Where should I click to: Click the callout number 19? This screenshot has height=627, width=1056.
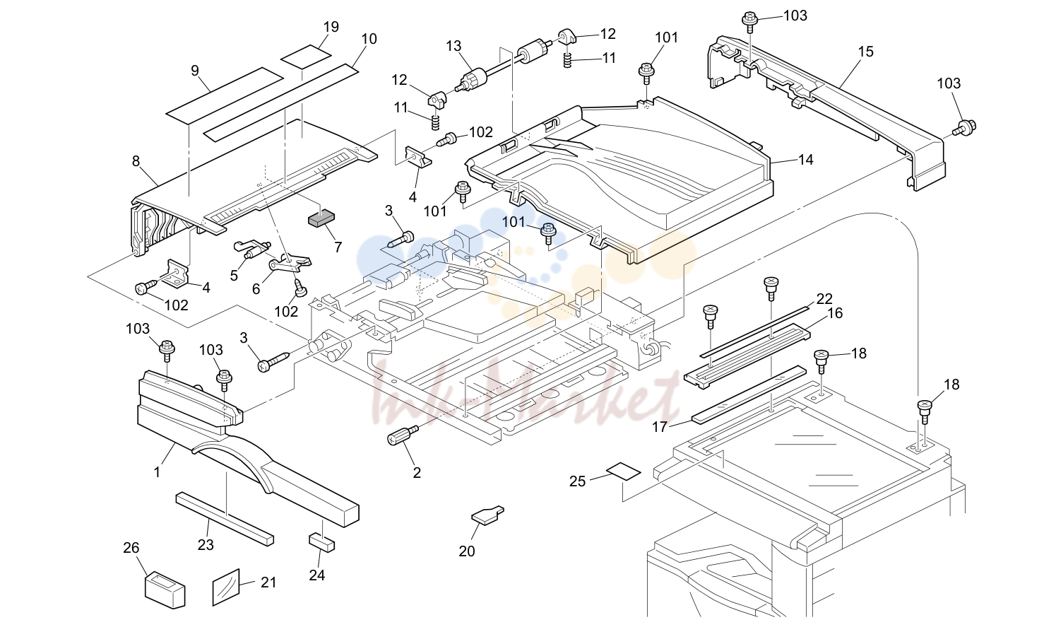click(331, 27)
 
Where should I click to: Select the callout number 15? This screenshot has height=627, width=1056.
click(865, 52)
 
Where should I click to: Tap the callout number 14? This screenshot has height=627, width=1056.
click(806, 160)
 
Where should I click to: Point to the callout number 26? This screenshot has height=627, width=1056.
click(131, 548)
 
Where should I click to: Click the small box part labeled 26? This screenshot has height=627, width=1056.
click(164, 590)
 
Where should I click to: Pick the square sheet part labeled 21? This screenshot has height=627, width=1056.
click(226, 587)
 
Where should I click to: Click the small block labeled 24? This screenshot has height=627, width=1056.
click(322, 543)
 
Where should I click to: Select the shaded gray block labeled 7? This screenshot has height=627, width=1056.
click(321, 219)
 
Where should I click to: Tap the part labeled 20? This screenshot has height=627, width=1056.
click(487, 515)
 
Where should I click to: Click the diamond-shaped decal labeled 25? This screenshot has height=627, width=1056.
click(623, 471)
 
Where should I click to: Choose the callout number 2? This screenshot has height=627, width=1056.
click(417, 472)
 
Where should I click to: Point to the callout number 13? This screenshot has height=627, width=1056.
click(453, 46)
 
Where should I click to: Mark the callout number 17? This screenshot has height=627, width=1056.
click(660, 427)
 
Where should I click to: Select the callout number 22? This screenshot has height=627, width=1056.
click(824, 298)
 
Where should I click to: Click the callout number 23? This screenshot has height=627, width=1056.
click(206, 545)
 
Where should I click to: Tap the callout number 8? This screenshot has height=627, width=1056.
click(136, 161)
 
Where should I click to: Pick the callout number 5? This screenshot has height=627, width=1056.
click(234, 276)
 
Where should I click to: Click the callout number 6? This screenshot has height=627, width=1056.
click(256, 288)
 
